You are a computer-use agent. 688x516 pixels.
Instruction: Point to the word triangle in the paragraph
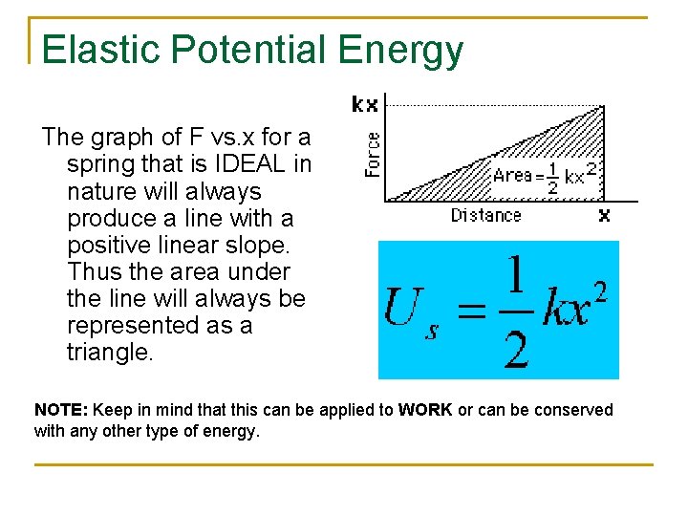click(109, 352)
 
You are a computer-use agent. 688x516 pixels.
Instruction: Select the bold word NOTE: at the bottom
click(61, 410)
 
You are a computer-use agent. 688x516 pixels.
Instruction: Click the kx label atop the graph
click(365, 104)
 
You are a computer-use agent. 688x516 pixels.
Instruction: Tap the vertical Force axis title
click(373, 154)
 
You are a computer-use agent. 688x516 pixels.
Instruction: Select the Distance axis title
click(485, 216)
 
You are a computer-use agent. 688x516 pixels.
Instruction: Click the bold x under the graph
click(604, 216)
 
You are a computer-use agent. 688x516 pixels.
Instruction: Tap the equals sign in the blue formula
click(468, 312)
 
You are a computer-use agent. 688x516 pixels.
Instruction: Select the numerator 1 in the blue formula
click(515, 276)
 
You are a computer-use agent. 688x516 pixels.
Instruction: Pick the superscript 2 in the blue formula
click(599, 288)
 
